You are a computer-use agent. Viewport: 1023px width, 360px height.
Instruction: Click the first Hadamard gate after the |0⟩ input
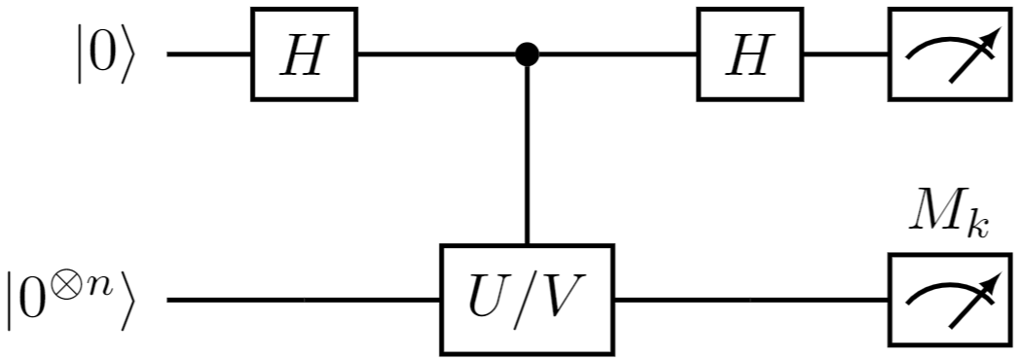coord(304,54)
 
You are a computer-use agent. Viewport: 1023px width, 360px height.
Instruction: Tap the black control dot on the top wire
coord(527,54)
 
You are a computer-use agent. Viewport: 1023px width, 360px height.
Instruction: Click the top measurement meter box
coord(941,54)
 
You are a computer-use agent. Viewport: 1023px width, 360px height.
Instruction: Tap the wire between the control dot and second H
coord(613,54)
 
